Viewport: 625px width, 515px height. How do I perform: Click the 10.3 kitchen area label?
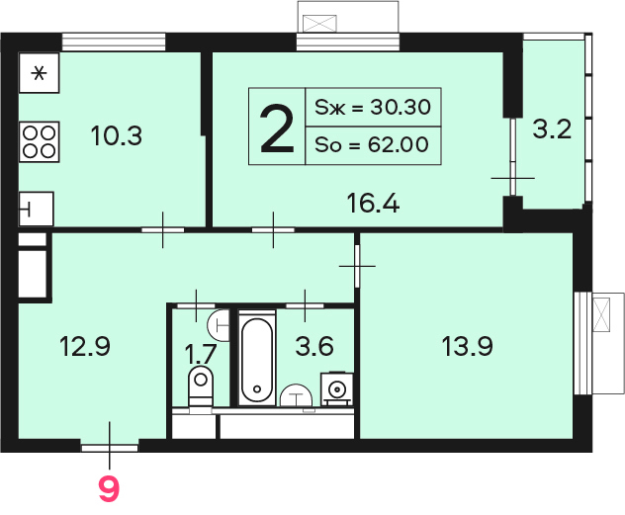coord(116,135)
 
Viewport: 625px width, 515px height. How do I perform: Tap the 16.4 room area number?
coord(373,203)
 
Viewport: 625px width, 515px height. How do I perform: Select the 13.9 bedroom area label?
coord(467,346)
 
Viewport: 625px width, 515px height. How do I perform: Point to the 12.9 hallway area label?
coord(84,346)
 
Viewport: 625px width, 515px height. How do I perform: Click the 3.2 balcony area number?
coord(552,129)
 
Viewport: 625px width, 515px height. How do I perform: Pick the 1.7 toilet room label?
coord(201,354)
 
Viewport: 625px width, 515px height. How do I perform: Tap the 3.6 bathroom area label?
coord(314,346)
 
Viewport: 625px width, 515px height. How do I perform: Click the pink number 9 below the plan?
coord(109,489)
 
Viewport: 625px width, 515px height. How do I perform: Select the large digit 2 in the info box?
coord(277,128)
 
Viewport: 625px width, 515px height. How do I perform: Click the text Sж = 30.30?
coord(373,107)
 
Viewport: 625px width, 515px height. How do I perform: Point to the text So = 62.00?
coord(372,144)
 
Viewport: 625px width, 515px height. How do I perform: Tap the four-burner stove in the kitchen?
coord(40,141)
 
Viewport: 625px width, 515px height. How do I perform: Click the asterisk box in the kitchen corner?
coord(40,73)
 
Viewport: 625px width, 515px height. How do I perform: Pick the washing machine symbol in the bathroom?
coord(337,388)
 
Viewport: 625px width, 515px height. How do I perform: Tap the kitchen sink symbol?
coord(36,209)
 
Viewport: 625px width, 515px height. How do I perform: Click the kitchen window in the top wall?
coord(114,42)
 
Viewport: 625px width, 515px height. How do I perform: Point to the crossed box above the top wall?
coord(319,24)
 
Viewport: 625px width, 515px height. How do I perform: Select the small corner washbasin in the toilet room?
coord(219,325)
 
